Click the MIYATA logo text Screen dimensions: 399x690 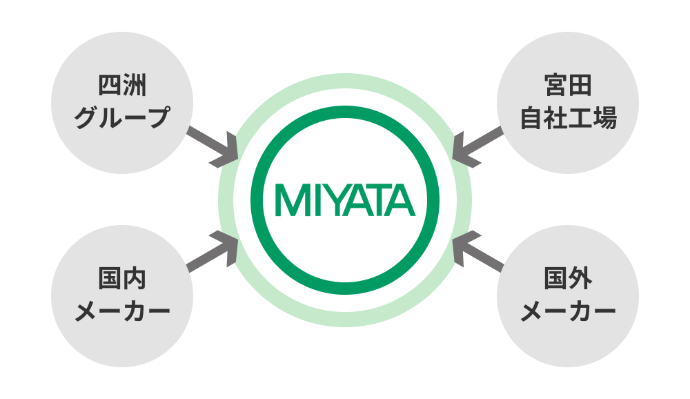(345, 199)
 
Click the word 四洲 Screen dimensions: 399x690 (121, 88)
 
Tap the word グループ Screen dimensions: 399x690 (121, 117)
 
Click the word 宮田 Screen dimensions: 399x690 (568, 88)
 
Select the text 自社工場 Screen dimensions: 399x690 (568, 118)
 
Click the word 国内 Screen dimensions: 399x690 (121, 281)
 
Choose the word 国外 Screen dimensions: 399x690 (568, 281)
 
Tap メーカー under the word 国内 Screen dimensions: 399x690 (121, 311)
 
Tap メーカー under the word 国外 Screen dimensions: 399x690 (568, 311)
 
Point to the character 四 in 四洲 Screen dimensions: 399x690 (109, 88)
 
